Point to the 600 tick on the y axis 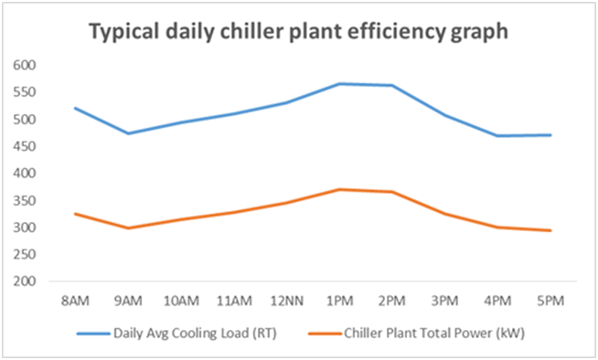24,65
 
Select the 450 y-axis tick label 24,146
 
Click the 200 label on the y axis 24,281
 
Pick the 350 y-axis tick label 24,200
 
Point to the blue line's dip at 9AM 128,133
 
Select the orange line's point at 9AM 128,228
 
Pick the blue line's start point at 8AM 75,108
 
